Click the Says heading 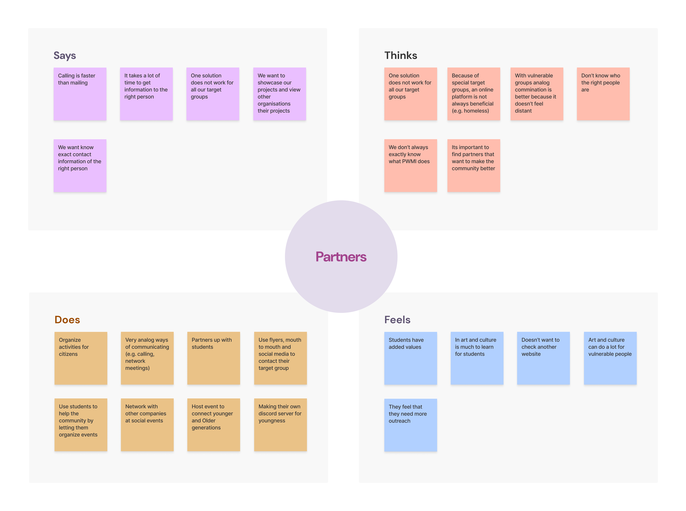[65, 55]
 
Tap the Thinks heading [400, 55]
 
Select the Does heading [67, 319]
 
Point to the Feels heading [397, 319]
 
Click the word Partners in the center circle [341, 257]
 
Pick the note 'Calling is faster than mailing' [80, 94]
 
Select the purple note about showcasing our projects [279, 94]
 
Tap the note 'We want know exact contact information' [80, 165]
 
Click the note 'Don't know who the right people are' [603, 94]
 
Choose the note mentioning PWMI [410, 165]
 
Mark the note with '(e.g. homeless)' [473, 94]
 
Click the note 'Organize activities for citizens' [81, 358]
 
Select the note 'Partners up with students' [213, 358]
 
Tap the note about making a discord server [280, 424]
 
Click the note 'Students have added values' [410, 358]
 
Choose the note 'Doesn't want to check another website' [543, 358]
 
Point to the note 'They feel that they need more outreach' [410, 425]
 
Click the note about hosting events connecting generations [213, 424]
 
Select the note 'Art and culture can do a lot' [610, 358]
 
